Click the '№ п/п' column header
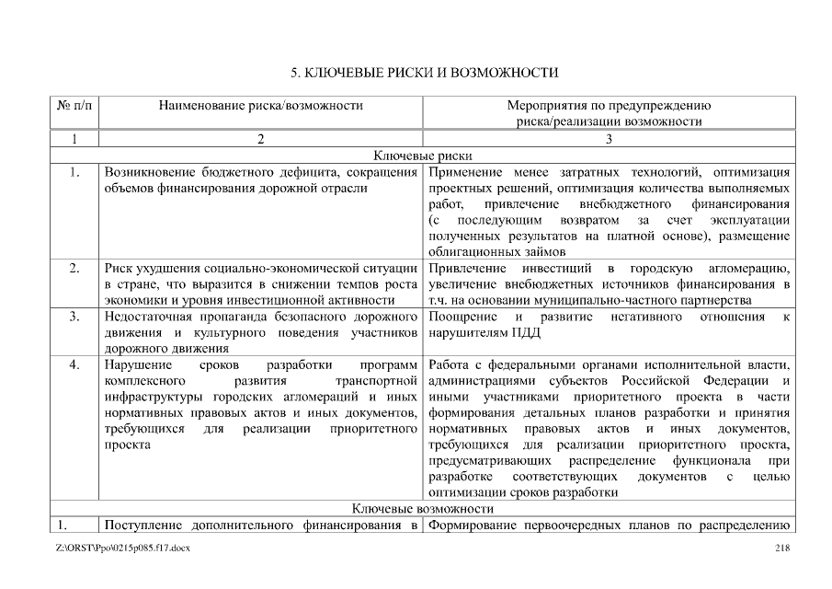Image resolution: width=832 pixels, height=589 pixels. [x=74, y=106]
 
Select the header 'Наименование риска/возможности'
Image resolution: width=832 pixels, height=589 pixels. [x=261, y=106]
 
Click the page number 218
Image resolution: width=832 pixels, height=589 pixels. [x=782, y=549]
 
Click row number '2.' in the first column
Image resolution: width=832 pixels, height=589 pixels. [x=74, y=268]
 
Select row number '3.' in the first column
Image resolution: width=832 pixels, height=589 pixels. [x=74, y=318]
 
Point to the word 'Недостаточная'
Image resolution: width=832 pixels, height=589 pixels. [x=150, y=318]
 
